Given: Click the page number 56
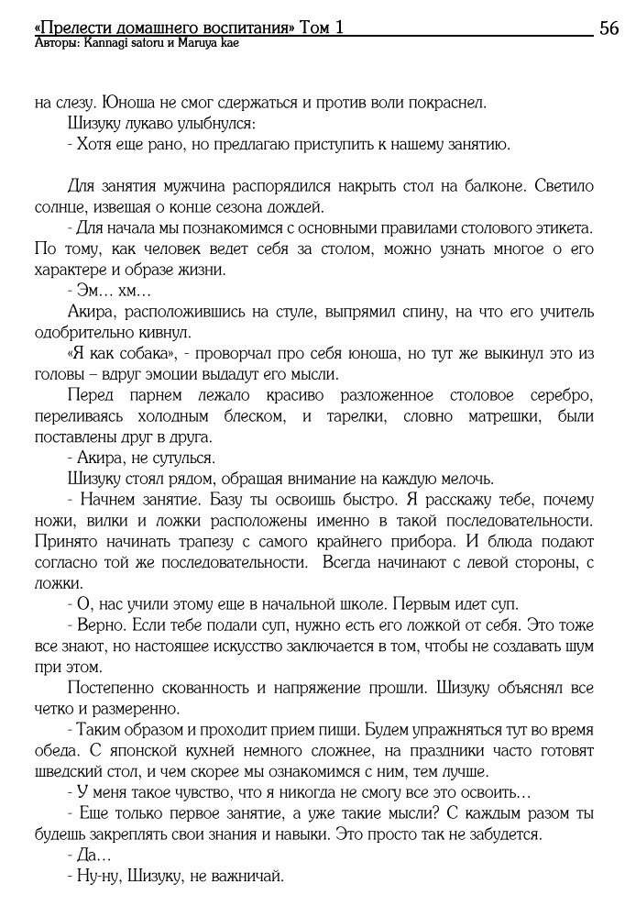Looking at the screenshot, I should [609, 28].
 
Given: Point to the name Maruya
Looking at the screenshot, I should [193, 43].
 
